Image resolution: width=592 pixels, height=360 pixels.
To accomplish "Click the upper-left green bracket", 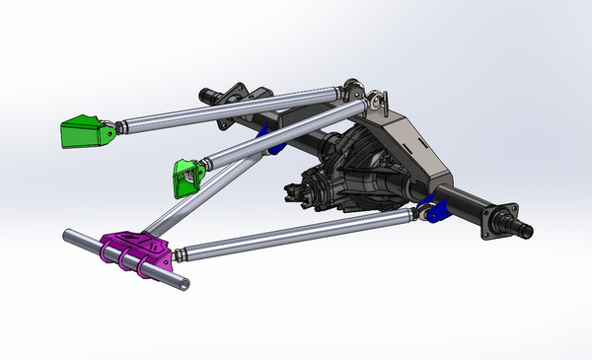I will (85, 132).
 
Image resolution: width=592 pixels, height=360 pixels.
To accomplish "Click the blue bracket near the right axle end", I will (433, 209).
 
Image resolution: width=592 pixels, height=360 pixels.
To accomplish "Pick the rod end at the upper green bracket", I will (121, 126).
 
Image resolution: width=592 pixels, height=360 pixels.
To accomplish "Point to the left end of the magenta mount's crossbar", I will (72, 237).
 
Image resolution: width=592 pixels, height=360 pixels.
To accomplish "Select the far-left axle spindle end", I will (208, 95).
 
